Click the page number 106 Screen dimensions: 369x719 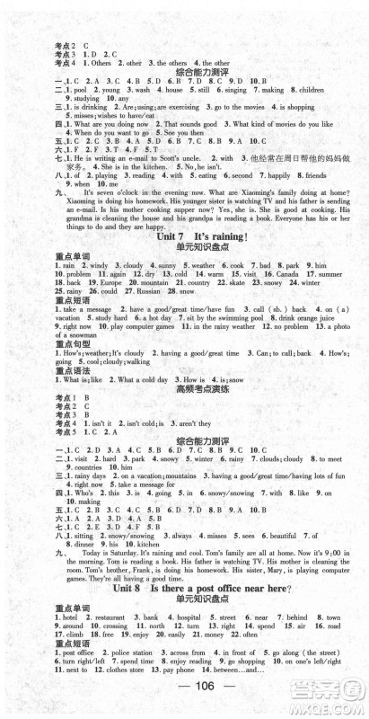pos(183,696)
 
